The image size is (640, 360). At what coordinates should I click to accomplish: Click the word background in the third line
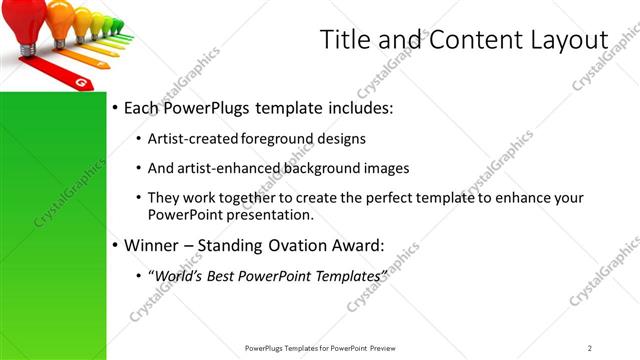point(324,168)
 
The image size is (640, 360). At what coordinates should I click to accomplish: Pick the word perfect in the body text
point(397,198)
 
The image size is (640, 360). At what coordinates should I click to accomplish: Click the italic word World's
point(174,275)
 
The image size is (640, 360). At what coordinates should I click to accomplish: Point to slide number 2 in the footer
point(589,348)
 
